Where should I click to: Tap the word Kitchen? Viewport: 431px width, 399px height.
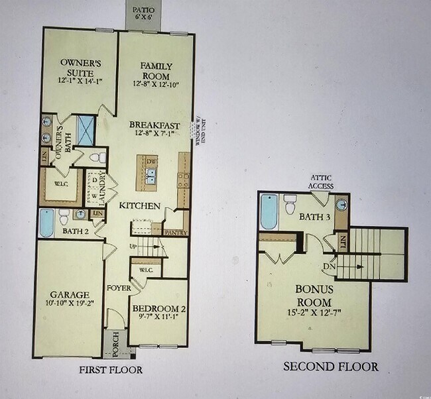[x=140, y=206]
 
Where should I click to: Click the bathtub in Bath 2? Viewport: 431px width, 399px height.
[x=46, y=223]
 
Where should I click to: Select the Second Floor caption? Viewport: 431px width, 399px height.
[x=331, y=367]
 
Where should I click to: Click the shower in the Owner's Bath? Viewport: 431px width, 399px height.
[x=86, y=130]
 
